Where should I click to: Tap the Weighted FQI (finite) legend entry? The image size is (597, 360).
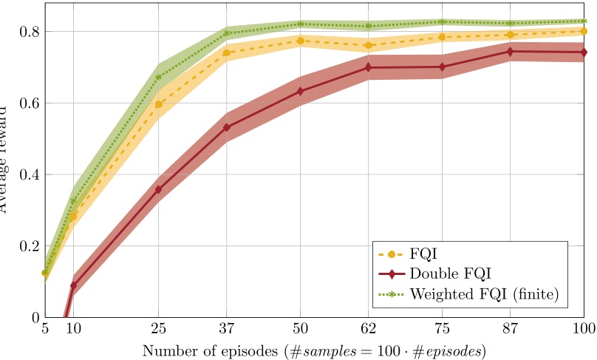pos(482,294)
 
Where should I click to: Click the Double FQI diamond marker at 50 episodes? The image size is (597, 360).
pos(300,92)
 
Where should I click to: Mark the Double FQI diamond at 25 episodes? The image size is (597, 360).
pos(158,189)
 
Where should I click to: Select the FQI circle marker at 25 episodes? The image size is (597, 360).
pos(158,104)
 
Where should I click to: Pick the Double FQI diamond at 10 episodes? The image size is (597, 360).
pos(73,285)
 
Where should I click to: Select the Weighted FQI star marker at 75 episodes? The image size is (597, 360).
pos(442,22)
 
